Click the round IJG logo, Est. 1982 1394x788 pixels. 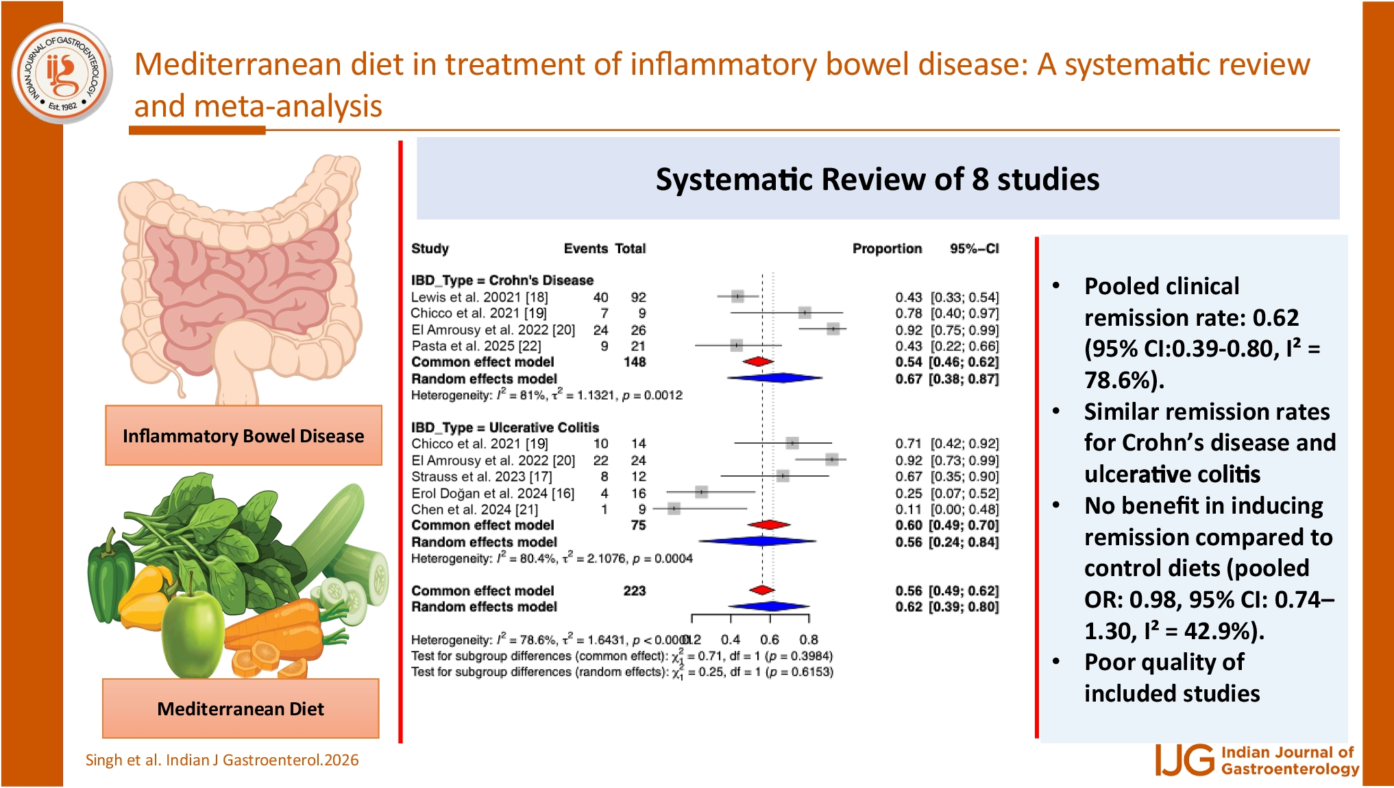(62, 73)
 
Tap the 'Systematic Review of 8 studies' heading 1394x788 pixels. (877, 180)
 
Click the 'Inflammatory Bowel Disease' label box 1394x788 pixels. (243, 435)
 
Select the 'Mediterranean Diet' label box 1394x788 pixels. (241, 708)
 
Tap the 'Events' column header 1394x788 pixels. (585, 248)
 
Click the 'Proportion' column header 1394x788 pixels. (887, 248)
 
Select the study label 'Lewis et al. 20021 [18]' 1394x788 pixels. (479, 297)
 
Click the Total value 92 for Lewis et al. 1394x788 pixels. (638, 297)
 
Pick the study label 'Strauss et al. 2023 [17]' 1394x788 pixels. (481, 477)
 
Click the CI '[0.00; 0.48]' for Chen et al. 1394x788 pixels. (964, 510)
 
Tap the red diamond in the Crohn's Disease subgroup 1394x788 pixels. (758, 361)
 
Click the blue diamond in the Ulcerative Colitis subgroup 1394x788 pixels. (759, 541)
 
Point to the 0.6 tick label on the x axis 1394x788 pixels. (769, 639)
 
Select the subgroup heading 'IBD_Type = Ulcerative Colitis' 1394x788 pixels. (504, 427)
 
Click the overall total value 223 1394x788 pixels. (634, 590)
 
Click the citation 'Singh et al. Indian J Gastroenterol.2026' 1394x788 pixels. (222, 760)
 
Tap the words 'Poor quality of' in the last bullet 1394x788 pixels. (1164, 662)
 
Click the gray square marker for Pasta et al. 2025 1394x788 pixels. (736, 345)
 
